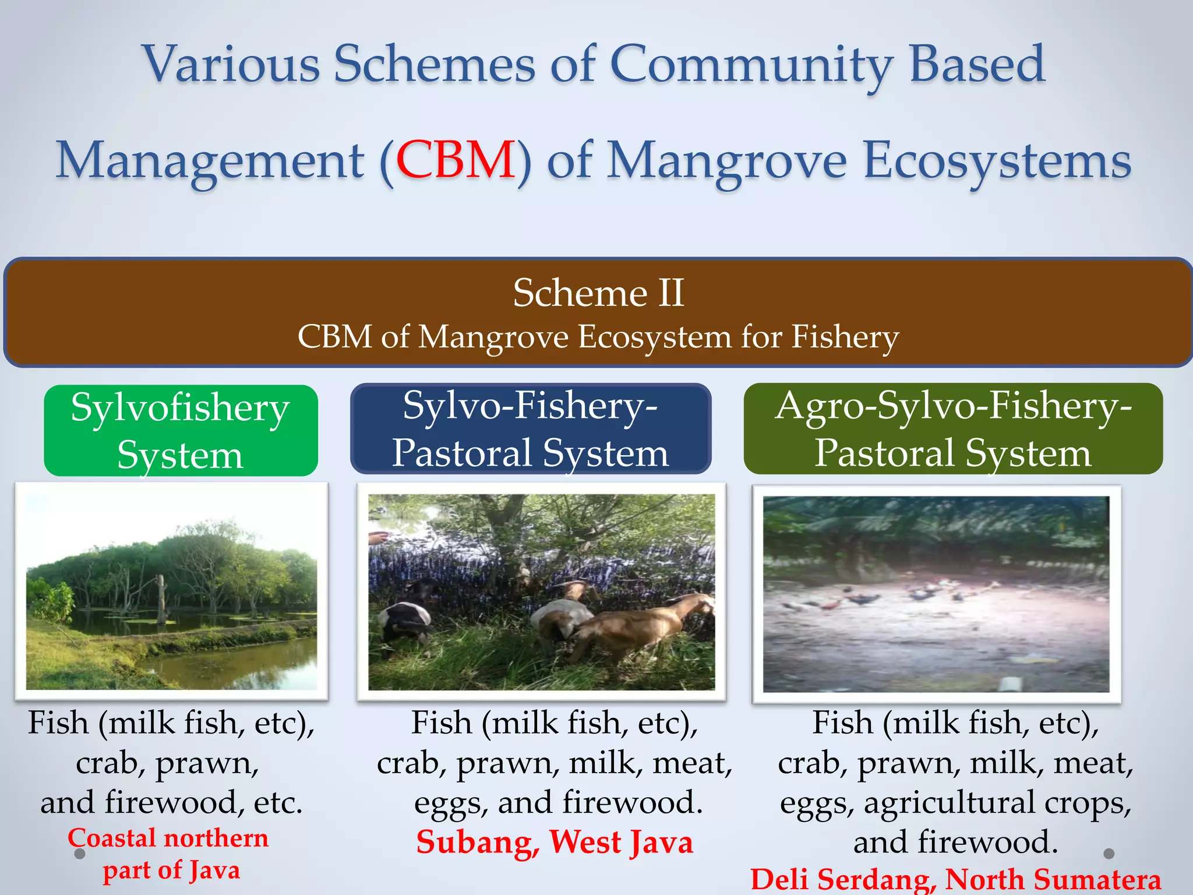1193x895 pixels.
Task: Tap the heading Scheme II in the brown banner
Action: pyautogui.click(x=598, y=293)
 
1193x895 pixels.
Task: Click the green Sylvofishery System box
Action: pyautogui.click(x=181, y=430)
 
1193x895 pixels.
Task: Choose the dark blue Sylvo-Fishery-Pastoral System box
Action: pyautogui.click(x=530, y=429)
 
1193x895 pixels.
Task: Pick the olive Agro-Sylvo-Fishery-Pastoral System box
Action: pyautogui.click(x=953, y=429)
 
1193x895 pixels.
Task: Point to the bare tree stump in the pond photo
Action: pyautogui.click(x=161, y=597)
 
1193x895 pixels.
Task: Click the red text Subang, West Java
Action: pyautogui.click(x=555, y=842)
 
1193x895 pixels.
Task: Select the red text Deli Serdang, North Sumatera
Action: pyautogui.click(x=955, y=880)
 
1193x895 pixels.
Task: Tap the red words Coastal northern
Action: pyautogui.click(x=168, y=838)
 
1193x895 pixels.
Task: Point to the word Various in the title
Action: pyautogui.click(x=231, y=64)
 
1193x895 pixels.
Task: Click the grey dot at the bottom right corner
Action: pyautogui.click(x=1109, y=853)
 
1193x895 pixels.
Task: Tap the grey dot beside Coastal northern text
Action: pyautogui.click(x=80, y=854)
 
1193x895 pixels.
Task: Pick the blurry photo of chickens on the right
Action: pyautogui.click(x=936, y=594)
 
